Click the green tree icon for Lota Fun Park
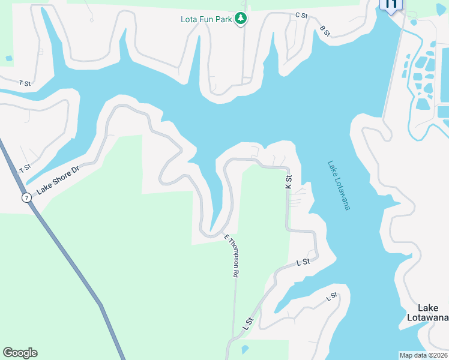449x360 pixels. [x=241, y=19]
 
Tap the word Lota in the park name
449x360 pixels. [x=189, y=19]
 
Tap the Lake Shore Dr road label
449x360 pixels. [x=58, y=181]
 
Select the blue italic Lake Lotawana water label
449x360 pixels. [x=339, y=184]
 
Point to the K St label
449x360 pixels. [x=289, y=182]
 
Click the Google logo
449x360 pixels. [x=20, y=353]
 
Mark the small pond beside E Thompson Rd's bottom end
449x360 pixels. [x=244, y=349]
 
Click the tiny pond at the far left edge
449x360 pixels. [x=8, y=58]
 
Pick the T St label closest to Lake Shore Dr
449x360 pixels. [x=25, y=169]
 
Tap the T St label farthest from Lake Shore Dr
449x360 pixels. [x=25, y=82]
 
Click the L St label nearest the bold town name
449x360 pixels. [x=331, y=297]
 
